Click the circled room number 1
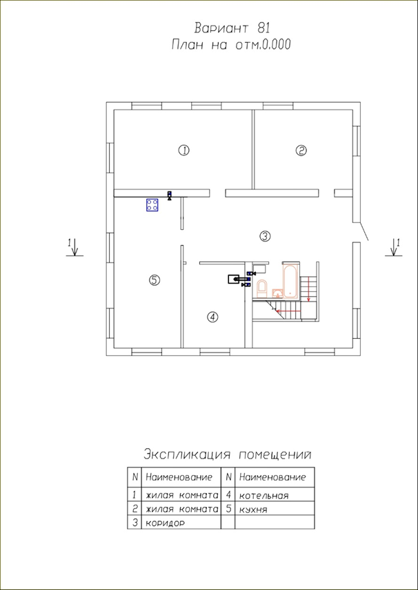click(183, 151)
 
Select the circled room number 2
click(301, 151)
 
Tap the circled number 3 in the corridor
click(265, 236)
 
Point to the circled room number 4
click(212, 317)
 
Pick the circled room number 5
click(155, 280)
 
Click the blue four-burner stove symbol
click(152, 204)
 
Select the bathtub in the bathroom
click(290, 281)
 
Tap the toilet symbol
click(261, 288)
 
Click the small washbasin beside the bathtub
click(277, 293)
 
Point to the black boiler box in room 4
click(235, 279)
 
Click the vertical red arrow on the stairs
click(309, 289)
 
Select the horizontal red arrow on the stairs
click(288, 311)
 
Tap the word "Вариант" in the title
click(221, 28)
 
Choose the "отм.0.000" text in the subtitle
click(263, 45)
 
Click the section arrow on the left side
click(75, 246)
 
